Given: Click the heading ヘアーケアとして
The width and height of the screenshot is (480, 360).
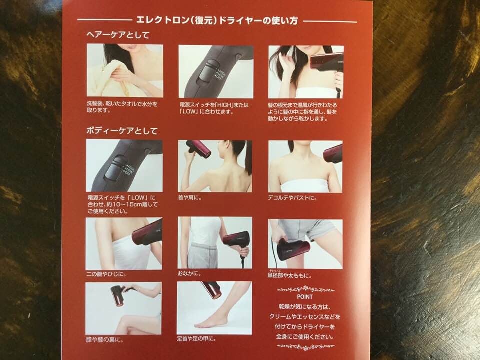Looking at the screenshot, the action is pyautogui.click(x=118, y=35).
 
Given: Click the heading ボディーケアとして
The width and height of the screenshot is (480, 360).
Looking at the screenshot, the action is pyautogui.click(x=122, y=131).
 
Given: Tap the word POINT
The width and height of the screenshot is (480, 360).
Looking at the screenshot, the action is pyautogui.click(x=305, y=296).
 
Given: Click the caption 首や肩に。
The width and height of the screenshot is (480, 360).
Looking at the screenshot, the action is pyautogui.click(x=190, y=198).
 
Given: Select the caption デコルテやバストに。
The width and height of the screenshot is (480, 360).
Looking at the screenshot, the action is pyautogui.click(x=293, y=198).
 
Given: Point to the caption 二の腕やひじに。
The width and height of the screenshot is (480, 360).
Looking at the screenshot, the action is pyautogui.click(x=106, y=274).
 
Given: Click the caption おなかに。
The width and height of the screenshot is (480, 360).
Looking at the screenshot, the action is pyautogui.click(x=189, y=273).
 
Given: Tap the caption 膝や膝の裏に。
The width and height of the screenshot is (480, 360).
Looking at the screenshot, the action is pyautogui.click(x=105, y=340).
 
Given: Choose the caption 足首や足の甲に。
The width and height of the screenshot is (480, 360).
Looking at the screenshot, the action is pyautogui.click(x=197, y=339).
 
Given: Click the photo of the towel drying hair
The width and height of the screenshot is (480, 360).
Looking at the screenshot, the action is pyautogui.click(x=125, y=70).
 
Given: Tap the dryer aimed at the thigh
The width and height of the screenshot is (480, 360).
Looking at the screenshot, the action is pyautogui.click(x=293, y=249).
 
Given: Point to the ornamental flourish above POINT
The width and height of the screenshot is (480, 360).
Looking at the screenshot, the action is pyautogui.click(x=305, y=289).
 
